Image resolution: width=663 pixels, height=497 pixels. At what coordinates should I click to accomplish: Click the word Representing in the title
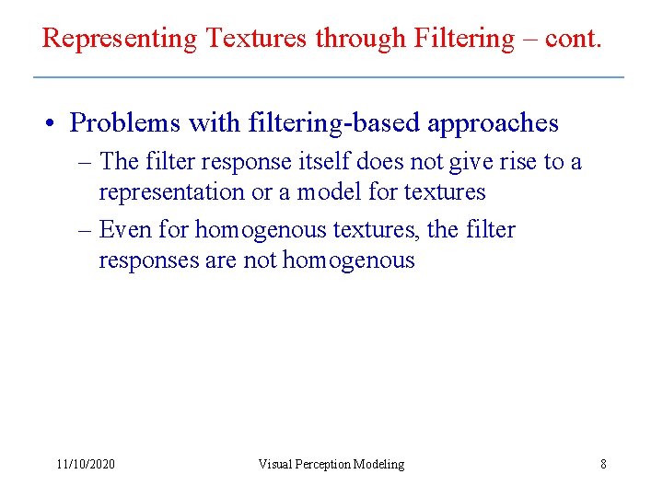(120, 39)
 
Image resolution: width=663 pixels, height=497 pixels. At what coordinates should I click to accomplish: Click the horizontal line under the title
(329, 76)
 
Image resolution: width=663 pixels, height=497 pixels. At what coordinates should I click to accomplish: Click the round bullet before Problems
(55, 123)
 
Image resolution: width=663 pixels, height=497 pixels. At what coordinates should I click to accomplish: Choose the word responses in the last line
(149, 260)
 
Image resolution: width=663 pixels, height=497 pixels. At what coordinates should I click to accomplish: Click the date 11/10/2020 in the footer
(86, 464)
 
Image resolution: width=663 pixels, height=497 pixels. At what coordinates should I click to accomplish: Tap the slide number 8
(603, 464)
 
